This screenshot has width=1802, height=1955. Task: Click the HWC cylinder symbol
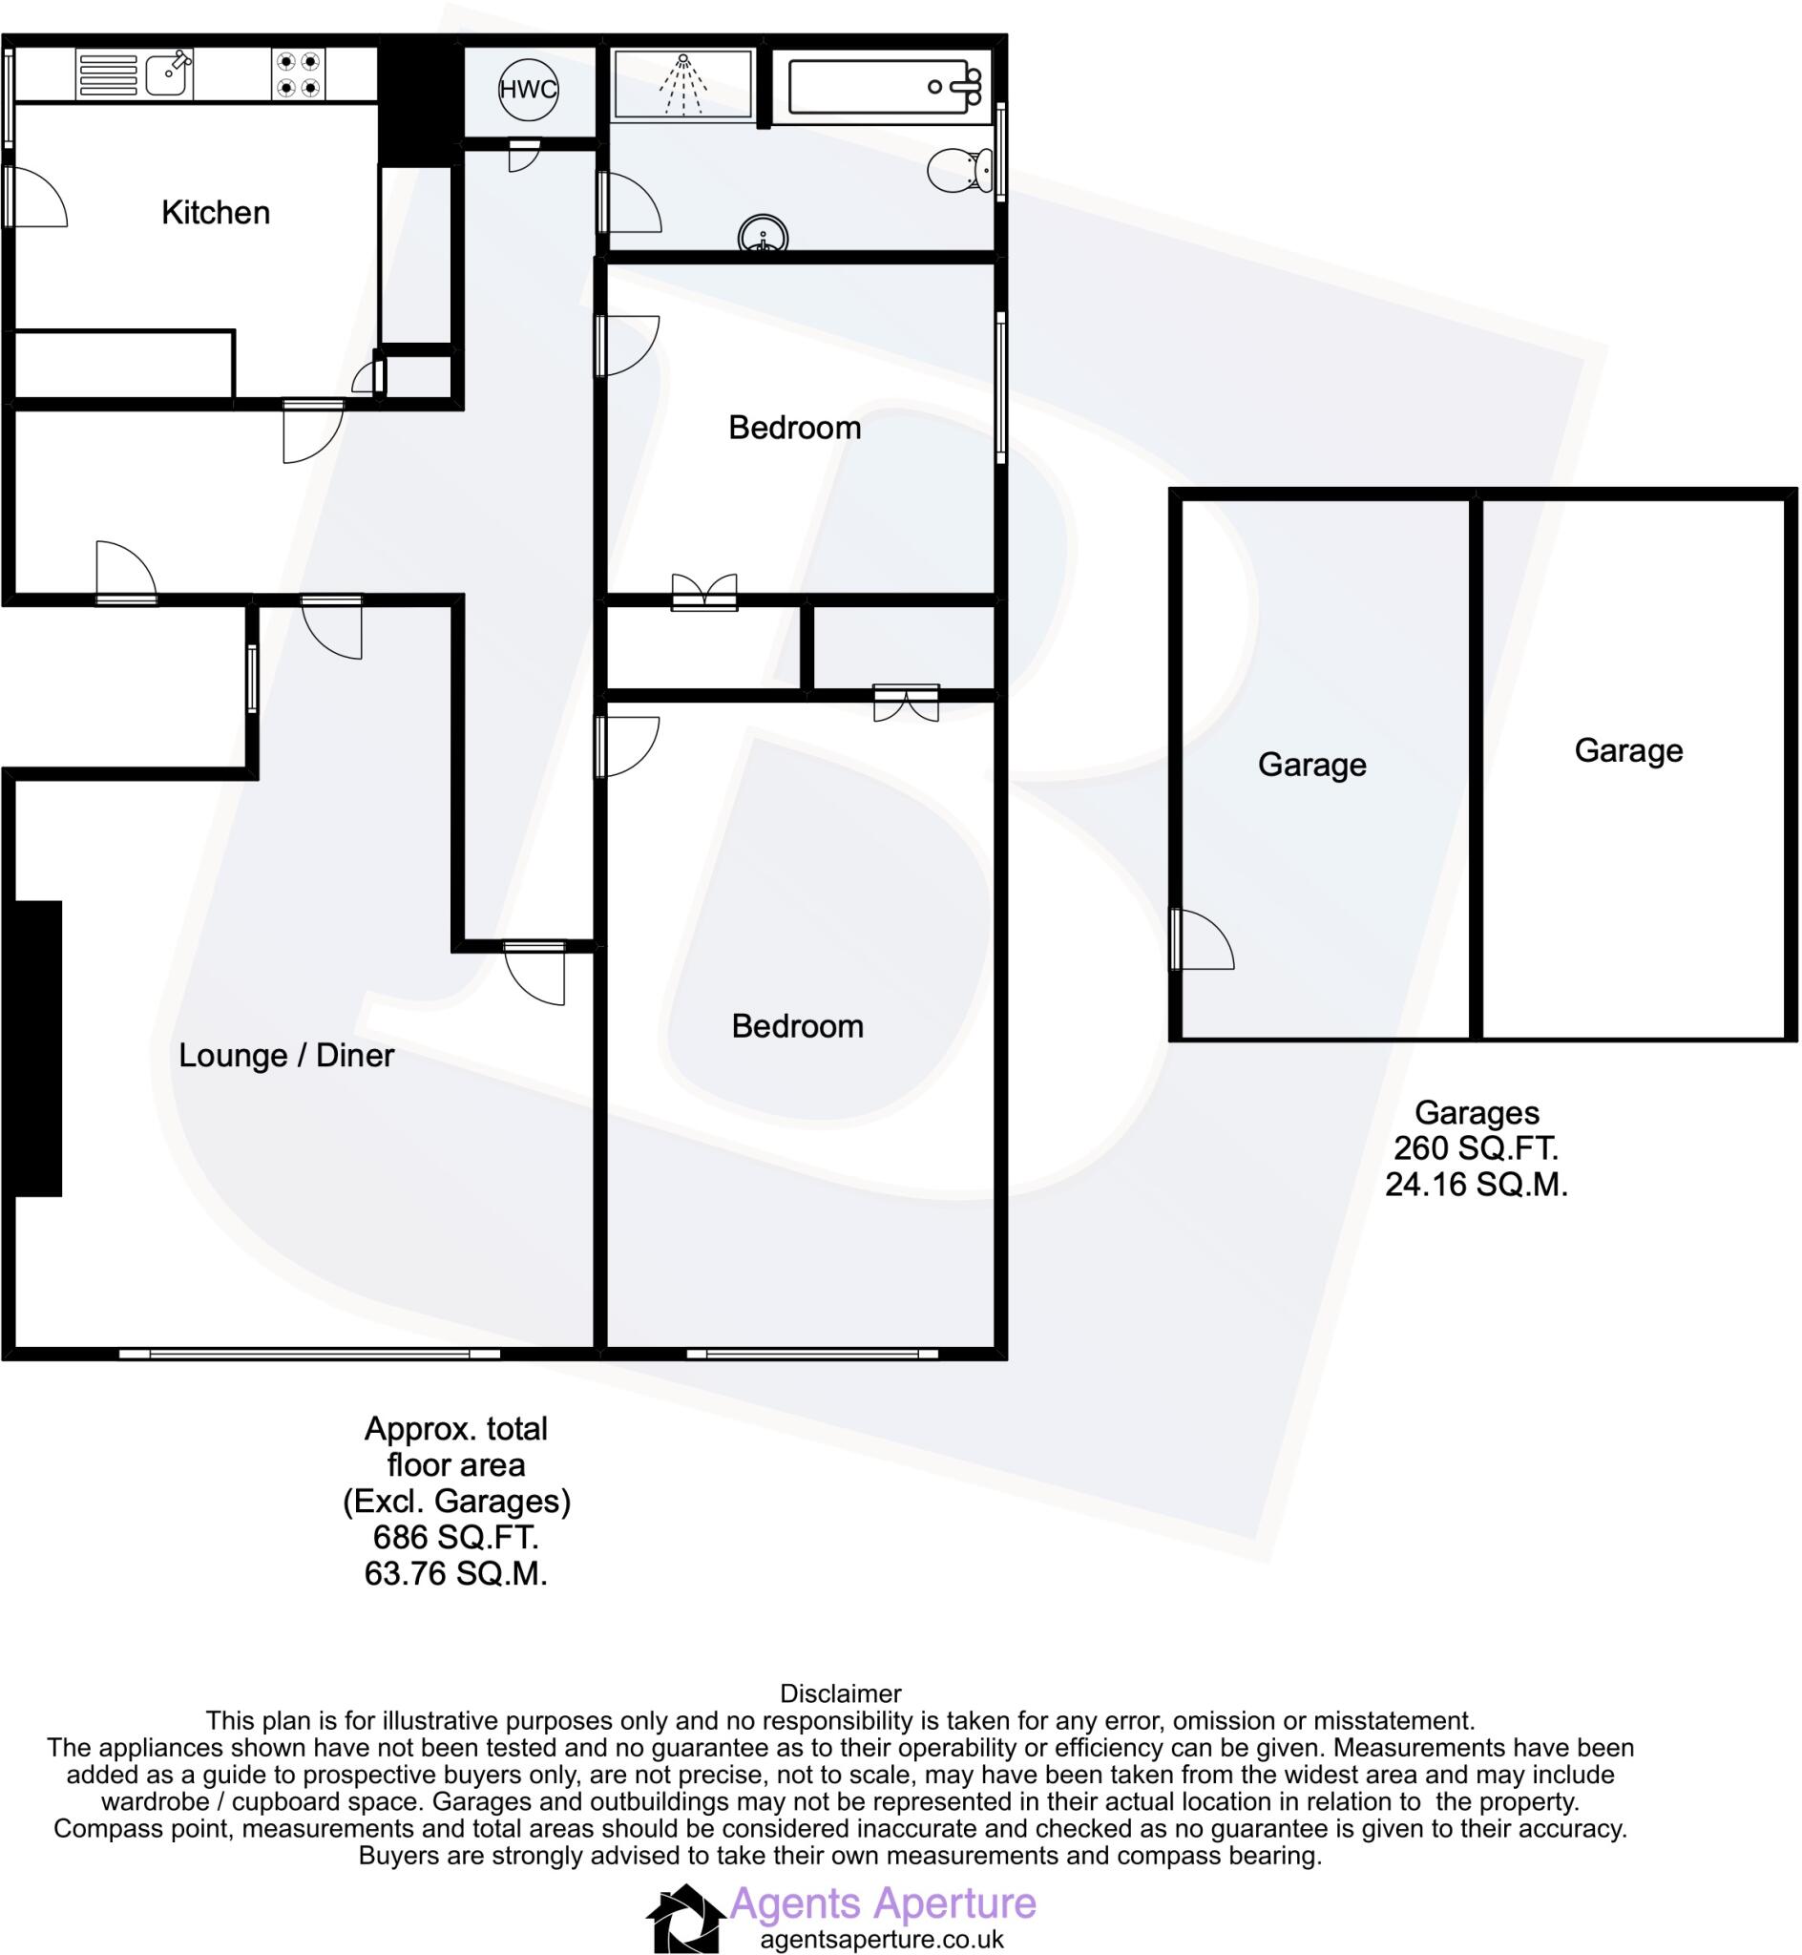point(528,90)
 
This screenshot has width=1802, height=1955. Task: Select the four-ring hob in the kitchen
point(299,74)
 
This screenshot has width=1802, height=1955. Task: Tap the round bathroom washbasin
point(763,235)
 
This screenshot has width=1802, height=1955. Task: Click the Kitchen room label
point(216,213)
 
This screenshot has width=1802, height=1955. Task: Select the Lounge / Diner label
point(285,1055)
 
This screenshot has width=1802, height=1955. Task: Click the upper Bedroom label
point(795,427)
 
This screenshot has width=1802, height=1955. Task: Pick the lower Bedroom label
point(798,1026)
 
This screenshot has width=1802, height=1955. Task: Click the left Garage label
point(1311,765)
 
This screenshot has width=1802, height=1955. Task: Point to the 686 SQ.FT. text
point(455,1538)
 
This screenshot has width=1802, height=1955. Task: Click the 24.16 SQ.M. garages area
point(1477,1185)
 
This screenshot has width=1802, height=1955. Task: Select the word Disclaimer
point(841,1693)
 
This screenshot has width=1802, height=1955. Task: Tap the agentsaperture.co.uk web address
point(883,1941)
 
